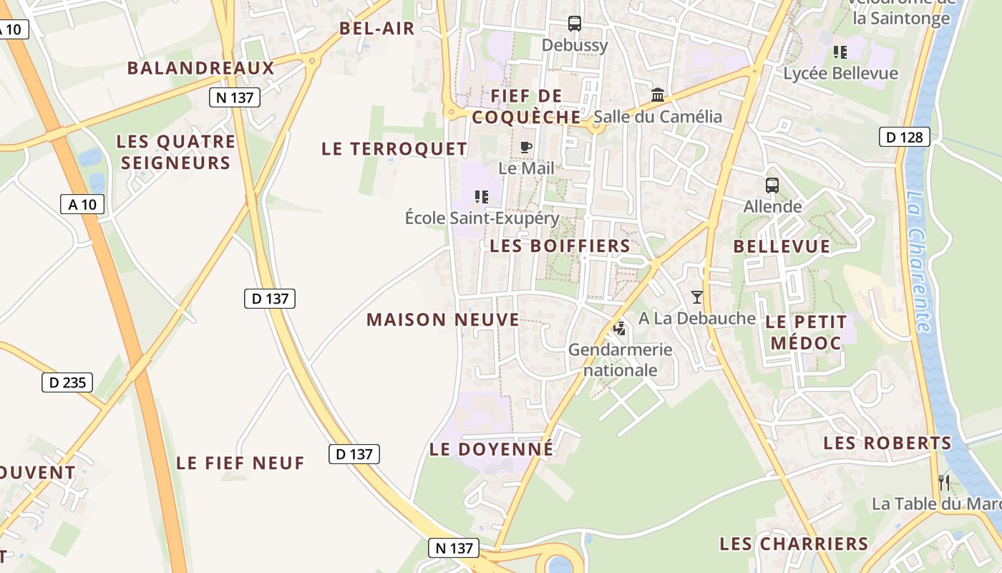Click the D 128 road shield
[904, 137]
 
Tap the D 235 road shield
[67, 382]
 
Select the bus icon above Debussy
[575, 24]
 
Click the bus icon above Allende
[772, 186]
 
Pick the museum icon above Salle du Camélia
[658, 95]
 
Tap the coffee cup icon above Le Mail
[526, 148]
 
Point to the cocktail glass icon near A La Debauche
[697, 297]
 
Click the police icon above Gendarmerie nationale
[620, 329]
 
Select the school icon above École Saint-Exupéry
[482, 196]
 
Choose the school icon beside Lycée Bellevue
[840, 52]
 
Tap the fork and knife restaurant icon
[944, 481]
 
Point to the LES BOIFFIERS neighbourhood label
[560, 246]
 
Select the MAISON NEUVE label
[443, 319]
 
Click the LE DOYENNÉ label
[491, 449]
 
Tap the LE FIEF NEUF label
[240, 463]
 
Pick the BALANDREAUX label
[201, 68]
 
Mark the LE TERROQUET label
[394, 149]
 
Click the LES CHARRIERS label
[794, 544]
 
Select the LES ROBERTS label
[887, 443]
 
